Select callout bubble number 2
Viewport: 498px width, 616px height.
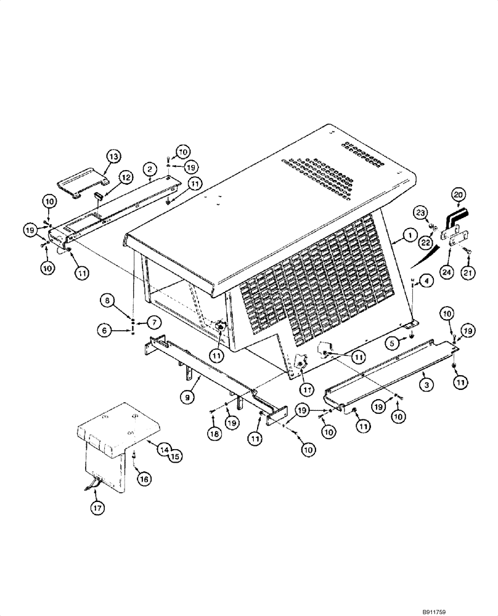coord(149,168)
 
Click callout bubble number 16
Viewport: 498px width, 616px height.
coord(143,477)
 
